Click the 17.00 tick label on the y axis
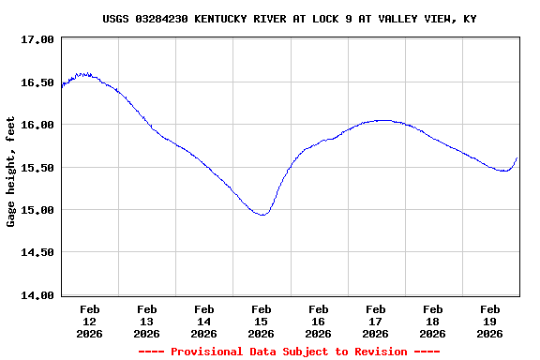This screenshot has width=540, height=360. [36, 39]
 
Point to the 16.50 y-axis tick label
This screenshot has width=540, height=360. [36, 82]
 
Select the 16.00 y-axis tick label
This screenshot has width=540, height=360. [36, 125]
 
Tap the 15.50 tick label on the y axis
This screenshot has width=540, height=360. [36, 168]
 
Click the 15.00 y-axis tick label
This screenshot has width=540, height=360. [36, 210]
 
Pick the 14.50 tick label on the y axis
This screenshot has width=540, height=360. [36, 252]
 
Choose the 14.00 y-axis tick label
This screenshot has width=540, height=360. [36, 295]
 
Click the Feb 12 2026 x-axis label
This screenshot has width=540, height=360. [90, 321]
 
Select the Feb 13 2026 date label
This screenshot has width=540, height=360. [147, 321]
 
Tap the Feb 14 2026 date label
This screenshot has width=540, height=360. [204, 321]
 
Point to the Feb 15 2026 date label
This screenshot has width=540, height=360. [262, 321]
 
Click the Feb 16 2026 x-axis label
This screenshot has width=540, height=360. [319, 321]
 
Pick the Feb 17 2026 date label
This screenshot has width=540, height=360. [376, 321]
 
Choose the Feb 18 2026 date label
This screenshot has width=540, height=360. [433, 321]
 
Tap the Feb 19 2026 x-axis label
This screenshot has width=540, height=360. [490, 321]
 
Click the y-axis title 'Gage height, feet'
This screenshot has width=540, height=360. [11, 172]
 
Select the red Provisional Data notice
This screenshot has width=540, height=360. [289, 352]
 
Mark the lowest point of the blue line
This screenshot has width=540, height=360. [262, 215]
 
